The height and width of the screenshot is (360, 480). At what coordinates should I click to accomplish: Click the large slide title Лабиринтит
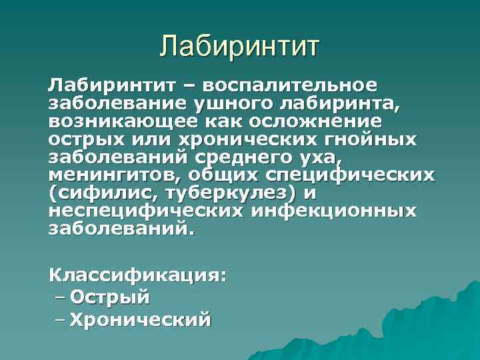241,47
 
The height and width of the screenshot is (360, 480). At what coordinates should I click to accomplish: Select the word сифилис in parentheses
100,193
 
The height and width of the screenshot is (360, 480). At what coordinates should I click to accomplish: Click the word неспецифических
141,211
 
